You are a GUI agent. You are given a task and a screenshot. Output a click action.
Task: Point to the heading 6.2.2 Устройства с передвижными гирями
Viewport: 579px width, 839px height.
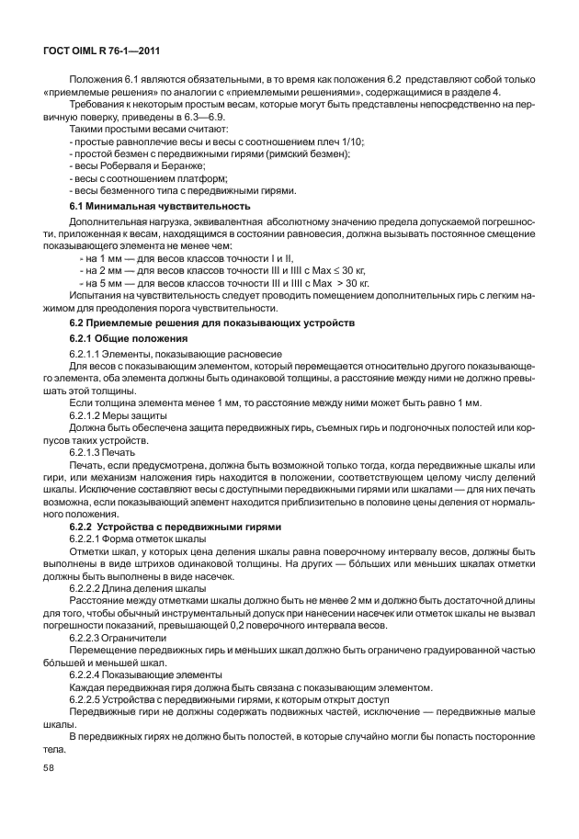pos(176,526)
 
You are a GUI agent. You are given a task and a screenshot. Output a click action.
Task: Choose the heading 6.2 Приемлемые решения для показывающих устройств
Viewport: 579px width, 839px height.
pos(213,324)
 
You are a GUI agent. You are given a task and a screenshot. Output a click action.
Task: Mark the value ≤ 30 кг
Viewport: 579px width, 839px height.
pos(349,272)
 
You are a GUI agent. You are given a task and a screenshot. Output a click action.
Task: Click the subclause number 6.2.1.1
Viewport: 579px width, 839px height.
pos(88,353)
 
